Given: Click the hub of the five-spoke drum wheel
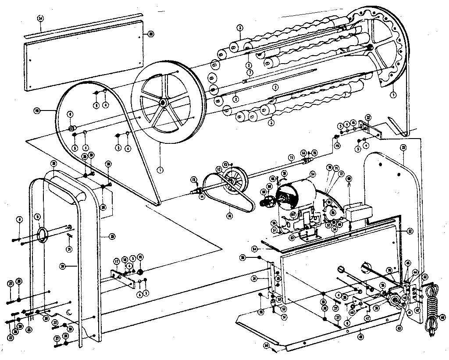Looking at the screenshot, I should coord(163,103).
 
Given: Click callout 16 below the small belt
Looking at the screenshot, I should coord(229,216).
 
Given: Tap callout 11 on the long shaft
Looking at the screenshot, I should coord(290,157).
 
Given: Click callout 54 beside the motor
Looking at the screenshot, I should coord(313,175).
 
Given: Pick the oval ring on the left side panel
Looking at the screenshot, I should coord(42,235).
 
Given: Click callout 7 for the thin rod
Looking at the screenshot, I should coord(249,72).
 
